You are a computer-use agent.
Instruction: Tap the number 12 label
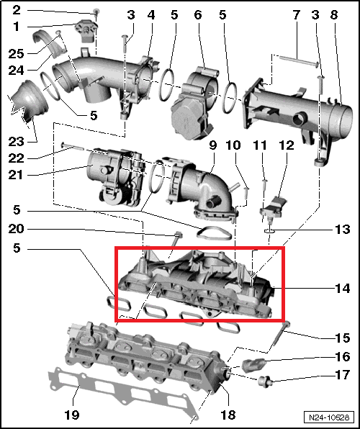click(287, 145)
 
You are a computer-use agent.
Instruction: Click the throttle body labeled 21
click(108, 173)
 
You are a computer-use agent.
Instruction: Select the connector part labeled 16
click(257, 361)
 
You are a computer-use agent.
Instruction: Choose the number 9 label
click(212, 145)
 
